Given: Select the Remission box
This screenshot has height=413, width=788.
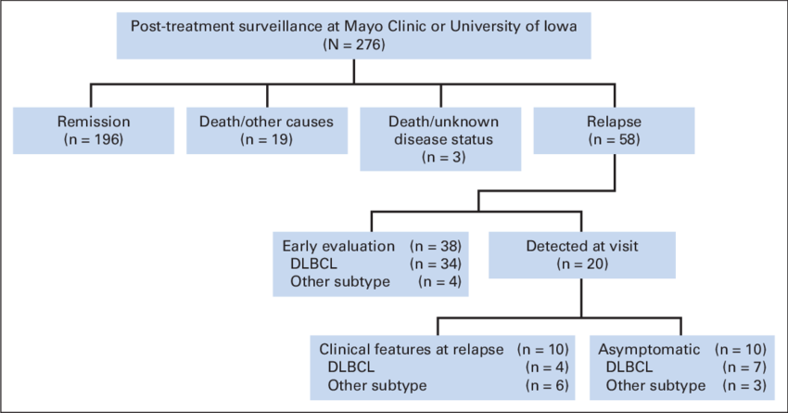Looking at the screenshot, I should (x=94, y=131).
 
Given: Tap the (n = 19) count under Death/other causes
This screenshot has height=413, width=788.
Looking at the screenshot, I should (x=265, y=139).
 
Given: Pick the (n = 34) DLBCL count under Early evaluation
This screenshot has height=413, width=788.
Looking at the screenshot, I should (x=435, y=265).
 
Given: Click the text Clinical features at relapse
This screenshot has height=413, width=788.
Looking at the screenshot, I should (x=411, y=350).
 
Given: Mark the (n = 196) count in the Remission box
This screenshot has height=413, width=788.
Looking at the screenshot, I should (x=94, y=139).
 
